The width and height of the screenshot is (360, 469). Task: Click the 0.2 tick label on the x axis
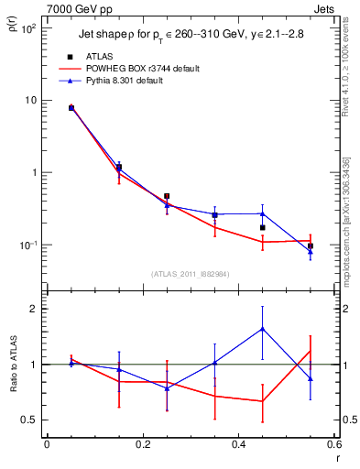[142, 448]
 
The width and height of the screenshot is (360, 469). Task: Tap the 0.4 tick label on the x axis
[238, 448]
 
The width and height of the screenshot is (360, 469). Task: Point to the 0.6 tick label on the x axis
[334, 448]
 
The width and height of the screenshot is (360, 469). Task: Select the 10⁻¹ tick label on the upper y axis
[27, 245]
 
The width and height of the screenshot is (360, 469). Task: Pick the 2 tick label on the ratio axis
[36, 309]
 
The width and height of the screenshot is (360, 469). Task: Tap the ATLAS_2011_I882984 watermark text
[191, 273]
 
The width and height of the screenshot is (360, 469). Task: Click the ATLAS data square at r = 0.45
[263, 227]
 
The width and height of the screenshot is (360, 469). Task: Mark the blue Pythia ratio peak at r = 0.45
[263, 328]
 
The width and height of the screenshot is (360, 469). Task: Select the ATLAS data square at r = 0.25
[167, 196]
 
